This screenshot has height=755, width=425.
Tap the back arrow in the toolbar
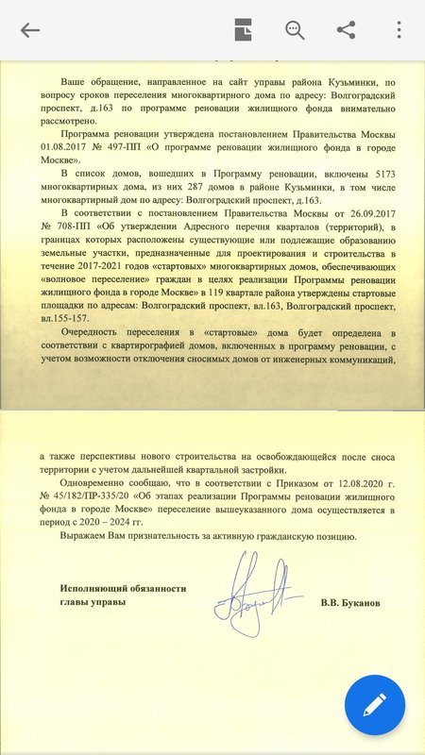pyautogui.click(x=30, y=29)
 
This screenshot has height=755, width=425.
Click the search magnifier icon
pyautogui.click(x=295, y=29)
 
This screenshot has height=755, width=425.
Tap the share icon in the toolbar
pyautogui.click(x=346, y=29)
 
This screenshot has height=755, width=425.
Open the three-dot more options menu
pyautogui.click(x=399, y=29)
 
